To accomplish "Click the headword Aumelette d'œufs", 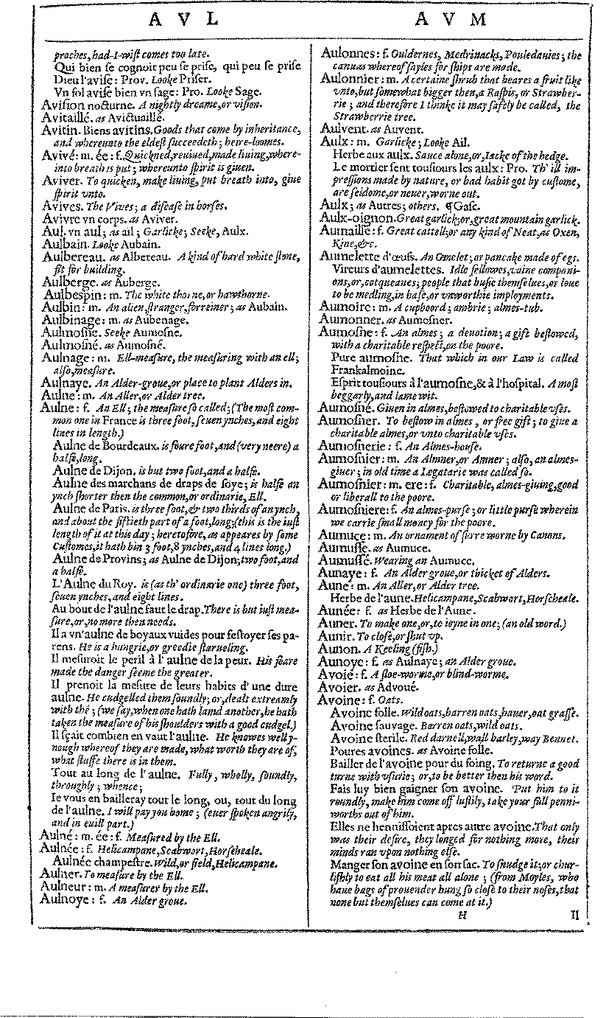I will [x=365, y=256].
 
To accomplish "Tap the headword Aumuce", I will [x=344, y=536].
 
